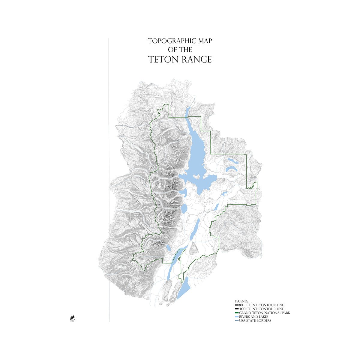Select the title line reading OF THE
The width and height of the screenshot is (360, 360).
click(180, 50)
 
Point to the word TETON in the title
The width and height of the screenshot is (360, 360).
click(164, 59)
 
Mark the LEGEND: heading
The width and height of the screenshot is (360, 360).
click(241, 301)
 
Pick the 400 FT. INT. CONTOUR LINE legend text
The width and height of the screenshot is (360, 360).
click(261, 309)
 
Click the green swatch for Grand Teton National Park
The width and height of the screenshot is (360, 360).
click(237, 313)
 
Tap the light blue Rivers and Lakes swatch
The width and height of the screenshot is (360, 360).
click(237, 316)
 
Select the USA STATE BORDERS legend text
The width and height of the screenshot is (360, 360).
click(255, 320)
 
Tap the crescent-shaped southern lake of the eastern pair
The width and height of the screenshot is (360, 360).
click(232, 170)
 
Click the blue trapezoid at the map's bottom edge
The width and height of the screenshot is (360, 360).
click(184, 288)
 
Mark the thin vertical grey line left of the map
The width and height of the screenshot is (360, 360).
click(109, 180)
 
